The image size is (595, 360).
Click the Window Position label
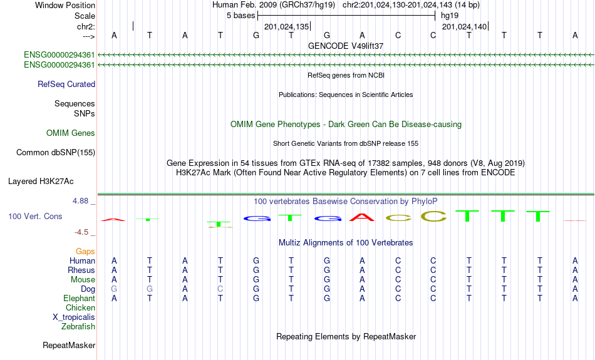pos(65,5)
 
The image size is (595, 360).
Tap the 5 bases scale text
pos(241,16)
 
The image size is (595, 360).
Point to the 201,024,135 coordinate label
pos(286,26)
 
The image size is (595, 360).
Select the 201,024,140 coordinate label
pos(464,26)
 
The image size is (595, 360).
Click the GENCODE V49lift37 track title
pos(346,46)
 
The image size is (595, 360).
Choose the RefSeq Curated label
pos(66,85)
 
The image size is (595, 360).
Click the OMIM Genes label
pos(71,133)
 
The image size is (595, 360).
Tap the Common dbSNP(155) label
pos(56,153)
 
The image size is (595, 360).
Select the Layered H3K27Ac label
pos(41,182)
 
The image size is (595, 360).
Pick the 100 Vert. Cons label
pos(35,216)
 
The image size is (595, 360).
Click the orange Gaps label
pos(85,252)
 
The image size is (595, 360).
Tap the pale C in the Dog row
pos(220,289)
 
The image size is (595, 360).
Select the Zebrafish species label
pos(78,327)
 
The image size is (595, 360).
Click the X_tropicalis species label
pos(74,317)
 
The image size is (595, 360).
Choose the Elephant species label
pos(79,299)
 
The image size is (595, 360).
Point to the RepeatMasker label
pos(69,345)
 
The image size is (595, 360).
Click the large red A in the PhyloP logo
pos(362,217)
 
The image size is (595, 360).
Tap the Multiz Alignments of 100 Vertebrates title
pos(346,243)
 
